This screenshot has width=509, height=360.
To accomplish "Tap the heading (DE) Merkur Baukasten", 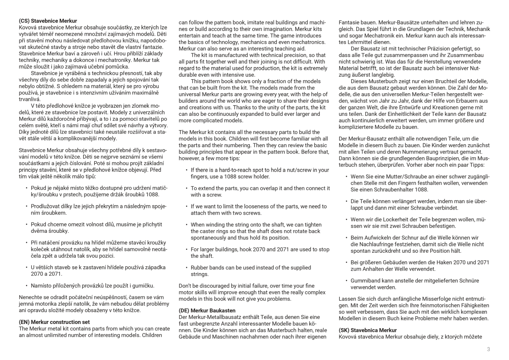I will (207, 310).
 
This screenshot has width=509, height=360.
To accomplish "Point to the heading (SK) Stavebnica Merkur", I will (368, 330).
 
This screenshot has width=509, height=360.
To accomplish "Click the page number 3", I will (488, 349).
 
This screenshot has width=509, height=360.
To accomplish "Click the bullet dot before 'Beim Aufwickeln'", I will (347, 237).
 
